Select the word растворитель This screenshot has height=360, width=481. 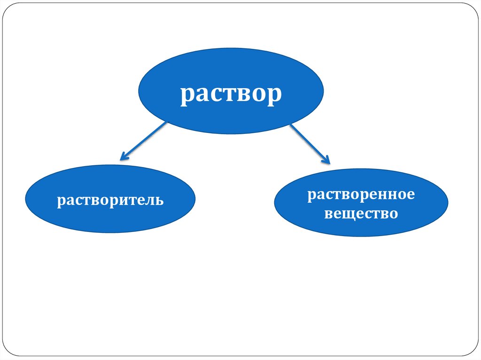[110, 201]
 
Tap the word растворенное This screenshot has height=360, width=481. [361, 194]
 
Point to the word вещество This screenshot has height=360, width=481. [361, 214]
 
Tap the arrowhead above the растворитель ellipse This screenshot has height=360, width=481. [124, 157]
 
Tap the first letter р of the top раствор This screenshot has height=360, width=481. [187, 95]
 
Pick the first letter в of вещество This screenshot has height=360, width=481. [329, 214]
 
